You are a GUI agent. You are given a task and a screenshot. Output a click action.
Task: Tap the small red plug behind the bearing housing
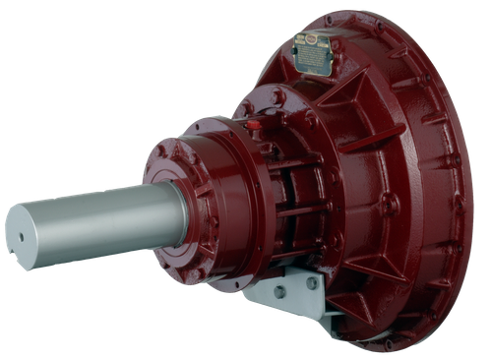click(x=253, y=125)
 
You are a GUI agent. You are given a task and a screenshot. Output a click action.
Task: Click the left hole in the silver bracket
click(x=279, y=292)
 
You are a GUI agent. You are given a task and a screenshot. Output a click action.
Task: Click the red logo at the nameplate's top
click(x=314, y=40)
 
